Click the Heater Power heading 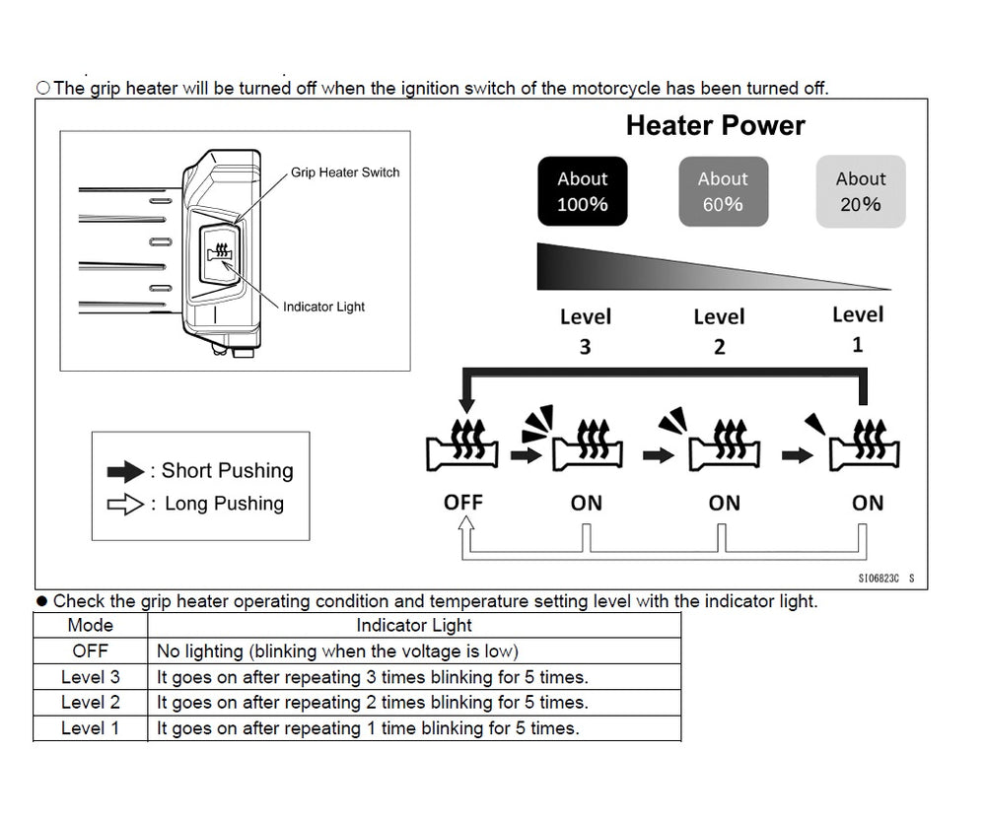[715, 126]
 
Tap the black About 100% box [582, 191]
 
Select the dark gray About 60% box [723, 191]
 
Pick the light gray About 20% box [861, 191]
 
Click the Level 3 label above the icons [585, 331]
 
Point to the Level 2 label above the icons [719, 331]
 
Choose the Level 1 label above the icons [857, 329]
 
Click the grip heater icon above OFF [461, 445]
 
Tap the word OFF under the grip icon [462, 502]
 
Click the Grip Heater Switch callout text [345, 172]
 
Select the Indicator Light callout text [323, 307]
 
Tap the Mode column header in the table [90, 625]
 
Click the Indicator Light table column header [413, 625]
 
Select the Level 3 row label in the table [90, 676]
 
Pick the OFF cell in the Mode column [90, 651]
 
